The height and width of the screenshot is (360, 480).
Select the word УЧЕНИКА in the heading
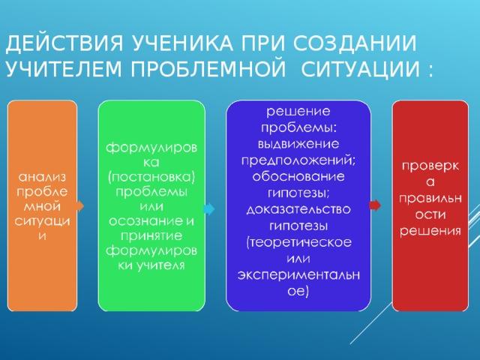tap(182, 43)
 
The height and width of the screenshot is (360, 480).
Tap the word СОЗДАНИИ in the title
tap(355, 43)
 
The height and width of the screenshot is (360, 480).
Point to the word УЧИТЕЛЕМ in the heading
tap(64, 69)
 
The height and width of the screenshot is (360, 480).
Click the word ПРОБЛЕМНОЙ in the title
tap(208, 69)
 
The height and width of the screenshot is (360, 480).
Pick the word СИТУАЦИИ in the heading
tap(360, 70)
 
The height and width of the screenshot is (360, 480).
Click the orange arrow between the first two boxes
tap(80, 205)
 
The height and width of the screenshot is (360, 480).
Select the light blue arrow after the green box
tap(209, 209)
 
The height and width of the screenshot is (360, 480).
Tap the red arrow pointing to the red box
tap(375, 205)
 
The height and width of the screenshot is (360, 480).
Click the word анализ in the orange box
tap(42, 177)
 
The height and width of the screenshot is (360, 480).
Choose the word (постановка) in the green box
tap(151, 178)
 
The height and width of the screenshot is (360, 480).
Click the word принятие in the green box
tap(151, 236)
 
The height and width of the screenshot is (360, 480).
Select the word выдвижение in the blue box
tap(298, 144)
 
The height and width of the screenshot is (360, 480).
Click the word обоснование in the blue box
tap(298, 177)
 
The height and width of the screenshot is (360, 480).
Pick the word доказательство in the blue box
tap(298, 210)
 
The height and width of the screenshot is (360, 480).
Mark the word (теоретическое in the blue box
tap(298, 242)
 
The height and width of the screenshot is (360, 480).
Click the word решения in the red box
tap(430, 231)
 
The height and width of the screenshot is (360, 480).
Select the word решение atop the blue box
tap(298, 112)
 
